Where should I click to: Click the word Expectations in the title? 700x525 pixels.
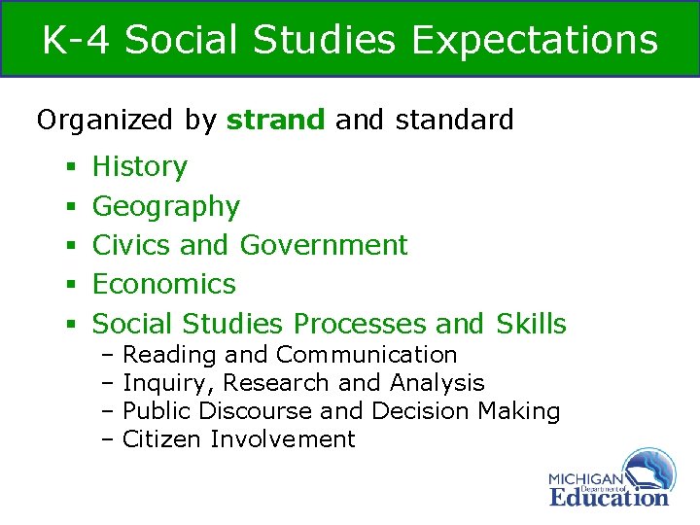pyautogui.click(x=535, y=41)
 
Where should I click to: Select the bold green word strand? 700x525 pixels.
pyautogui.click(x=276, y=121)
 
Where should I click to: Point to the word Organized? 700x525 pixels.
pyautogui.click(x=103, y=121)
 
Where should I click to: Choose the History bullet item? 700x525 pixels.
pyautogui.click(x=139, y=167)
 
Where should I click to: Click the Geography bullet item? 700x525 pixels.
pyautogui.click(x=165, y=206)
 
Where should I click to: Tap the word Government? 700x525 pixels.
pyautogui.click(x=324, y=245)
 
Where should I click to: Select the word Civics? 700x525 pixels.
pyautogui.click(x=131, y=245)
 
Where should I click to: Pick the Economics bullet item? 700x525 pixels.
pyautogui.click(x=163, y=284)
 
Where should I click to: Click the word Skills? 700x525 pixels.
pyautogui.click(x=531, y=323)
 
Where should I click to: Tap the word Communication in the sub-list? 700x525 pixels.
pyautogui.click(x=367, y=355)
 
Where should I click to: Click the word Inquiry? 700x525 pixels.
pyautogui.click(x=156, y=383)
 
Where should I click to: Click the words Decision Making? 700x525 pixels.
pyautogui.click(x=466, y=411)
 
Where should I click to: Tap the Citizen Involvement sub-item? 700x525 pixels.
pyautogui.click(x=239, y=439)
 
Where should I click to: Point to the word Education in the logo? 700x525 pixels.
pyautogui.click(x=609, y=497)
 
